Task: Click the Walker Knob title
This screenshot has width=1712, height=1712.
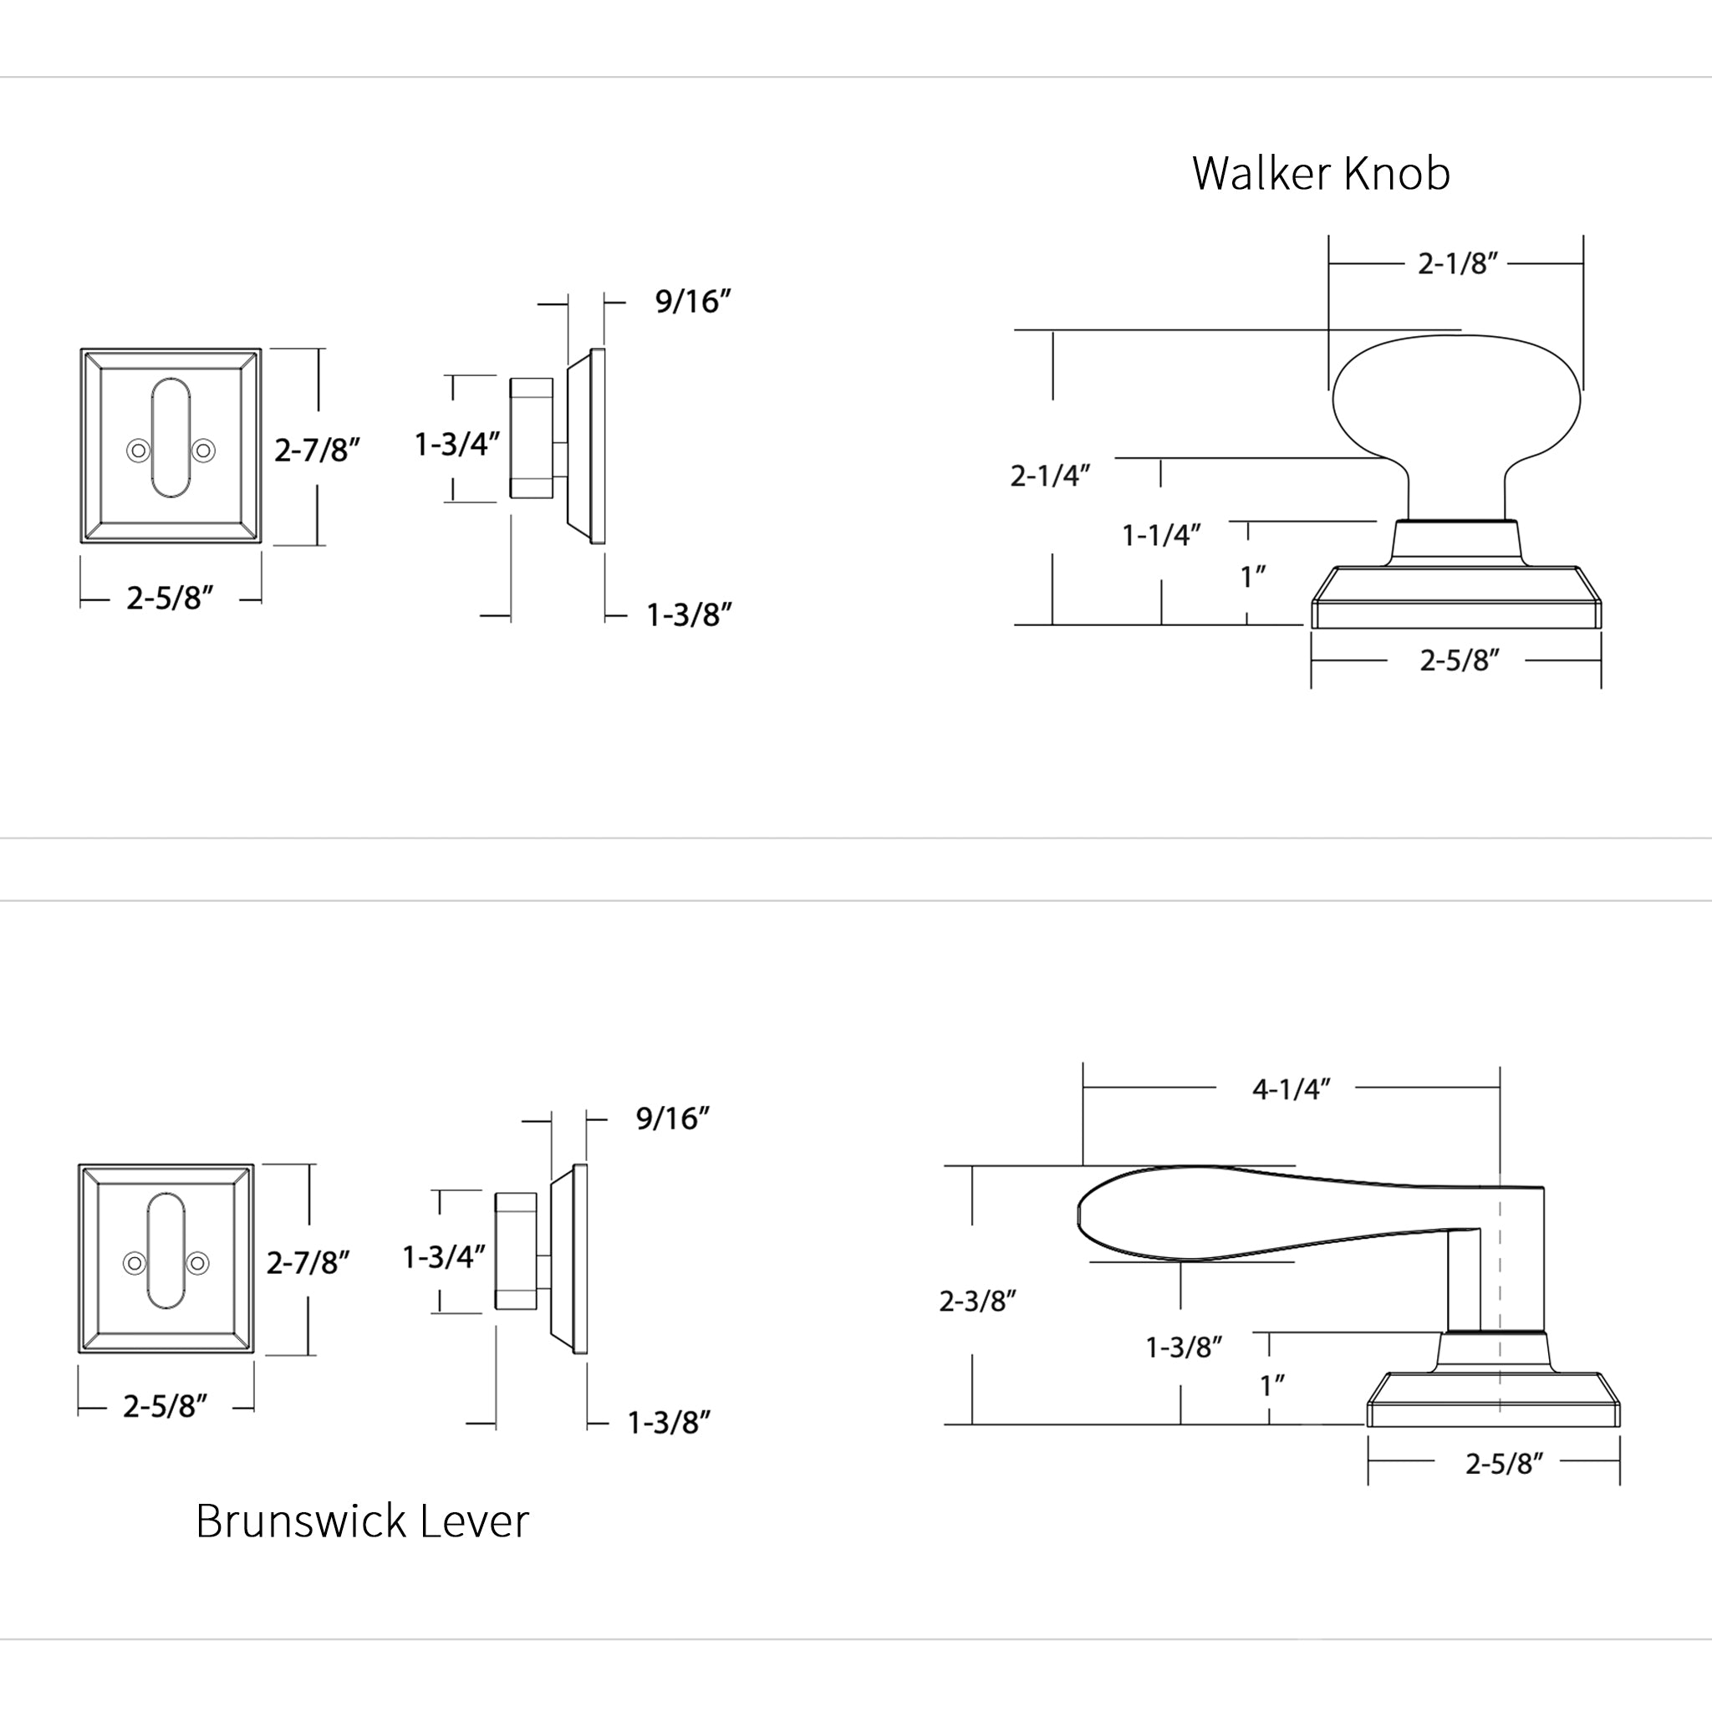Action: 1320,173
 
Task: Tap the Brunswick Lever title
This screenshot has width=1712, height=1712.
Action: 361,1521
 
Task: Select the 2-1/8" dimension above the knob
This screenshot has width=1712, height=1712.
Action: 1457,263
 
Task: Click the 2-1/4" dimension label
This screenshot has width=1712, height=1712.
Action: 1049,476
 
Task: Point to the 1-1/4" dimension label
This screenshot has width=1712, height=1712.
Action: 1161,535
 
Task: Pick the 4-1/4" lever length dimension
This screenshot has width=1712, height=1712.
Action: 1290,1089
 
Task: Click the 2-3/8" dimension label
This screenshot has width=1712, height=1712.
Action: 976,1301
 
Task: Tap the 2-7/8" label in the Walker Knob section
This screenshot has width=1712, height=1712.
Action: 316,451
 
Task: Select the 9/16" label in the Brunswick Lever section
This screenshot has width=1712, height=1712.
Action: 673,1118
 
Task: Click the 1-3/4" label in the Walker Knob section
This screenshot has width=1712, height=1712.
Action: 456,444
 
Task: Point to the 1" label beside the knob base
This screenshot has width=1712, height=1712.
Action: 1252,577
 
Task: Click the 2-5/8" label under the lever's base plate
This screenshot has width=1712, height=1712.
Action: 1504,1464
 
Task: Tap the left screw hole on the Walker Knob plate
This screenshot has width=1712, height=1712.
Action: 137,451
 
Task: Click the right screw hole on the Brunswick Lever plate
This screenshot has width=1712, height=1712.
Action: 198,1263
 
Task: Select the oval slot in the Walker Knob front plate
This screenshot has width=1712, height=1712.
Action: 171,438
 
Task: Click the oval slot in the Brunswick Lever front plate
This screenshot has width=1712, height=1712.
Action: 166,1251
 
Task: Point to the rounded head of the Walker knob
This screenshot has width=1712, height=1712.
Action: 1456,399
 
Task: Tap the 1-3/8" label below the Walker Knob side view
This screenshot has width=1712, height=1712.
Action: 689,615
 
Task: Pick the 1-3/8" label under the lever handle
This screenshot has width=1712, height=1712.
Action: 1184,1348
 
